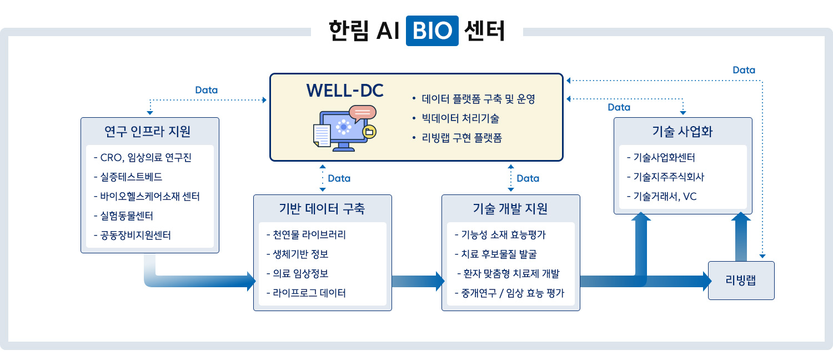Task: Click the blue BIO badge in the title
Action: [432, 31]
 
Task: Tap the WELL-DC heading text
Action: [345, 91]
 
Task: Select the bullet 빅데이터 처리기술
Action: [460, 118]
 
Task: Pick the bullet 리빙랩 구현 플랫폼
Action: [462, 138]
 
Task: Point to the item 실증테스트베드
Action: [132, 177]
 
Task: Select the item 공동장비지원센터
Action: [136, 235]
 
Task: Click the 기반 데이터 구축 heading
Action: [322, 208]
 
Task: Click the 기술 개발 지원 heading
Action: [510, 208]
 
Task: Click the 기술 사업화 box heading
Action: [683, 131]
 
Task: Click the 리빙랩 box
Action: [741, 281]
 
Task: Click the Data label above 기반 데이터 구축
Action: [339, 178]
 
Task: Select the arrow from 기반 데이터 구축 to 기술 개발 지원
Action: [417, 281]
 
